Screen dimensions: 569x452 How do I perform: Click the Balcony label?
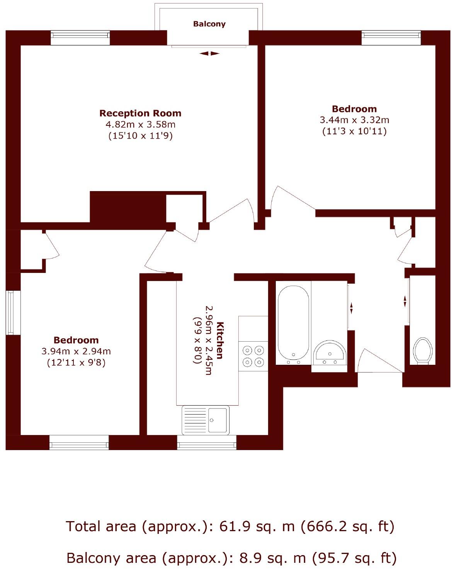point(209,24)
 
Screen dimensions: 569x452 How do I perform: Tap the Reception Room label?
point(140,113)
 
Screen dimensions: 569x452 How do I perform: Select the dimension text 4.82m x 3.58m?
point(140,124)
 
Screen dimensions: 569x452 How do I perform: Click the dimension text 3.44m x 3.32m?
point(354,120)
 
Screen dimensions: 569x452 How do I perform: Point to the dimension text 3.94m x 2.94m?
point(76,351)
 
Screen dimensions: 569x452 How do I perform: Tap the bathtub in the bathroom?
point(293,323)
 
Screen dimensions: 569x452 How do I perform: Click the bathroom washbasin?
point(330,352)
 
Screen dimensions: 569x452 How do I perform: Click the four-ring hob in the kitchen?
point(253,356)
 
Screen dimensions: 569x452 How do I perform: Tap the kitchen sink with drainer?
point(206,420)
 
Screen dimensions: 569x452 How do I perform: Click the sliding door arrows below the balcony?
point(209,54)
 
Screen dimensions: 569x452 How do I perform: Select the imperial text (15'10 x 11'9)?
point(140,136)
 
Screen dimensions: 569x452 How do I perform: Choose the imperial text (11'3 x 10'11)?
point(354,131)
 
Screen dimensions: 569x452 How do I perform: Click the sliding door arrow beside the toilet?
point(405,301)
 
